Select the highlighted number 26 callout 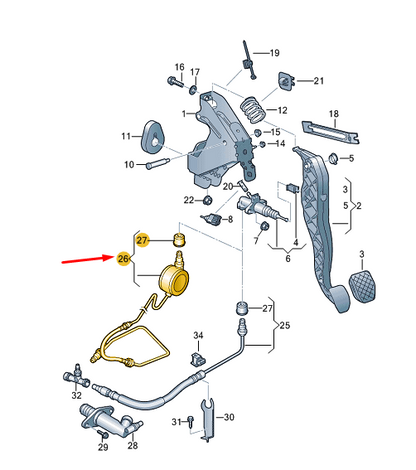click(x=124, y=259)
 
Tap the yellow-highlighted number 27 click(x=142, y=240)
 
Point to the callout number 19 click(x=275, y=52)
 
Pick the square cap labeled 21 click(x=286, y=80)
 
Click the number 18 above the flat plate click(x=334, y=115)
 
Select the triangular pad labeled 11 click(x=154, y=136)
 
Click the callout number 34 click(x=198, y=335)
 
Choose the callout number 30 click(x=229, y=417)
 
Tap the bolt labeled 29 click(x=103, y=449)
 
